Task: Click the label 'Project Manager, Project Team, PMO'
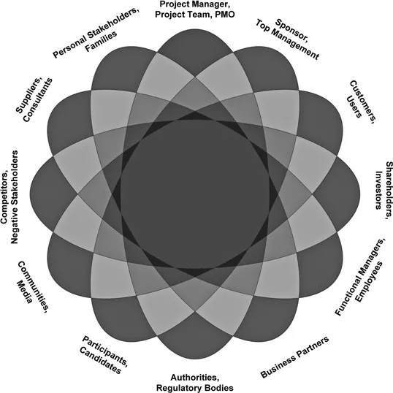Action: coord(196,9)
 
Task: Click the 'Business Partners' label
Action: coord(294,357)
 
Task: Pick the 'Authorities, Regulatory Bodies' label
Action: coord(196,382)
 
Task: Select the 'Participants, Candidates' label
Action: coord(102,354)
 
